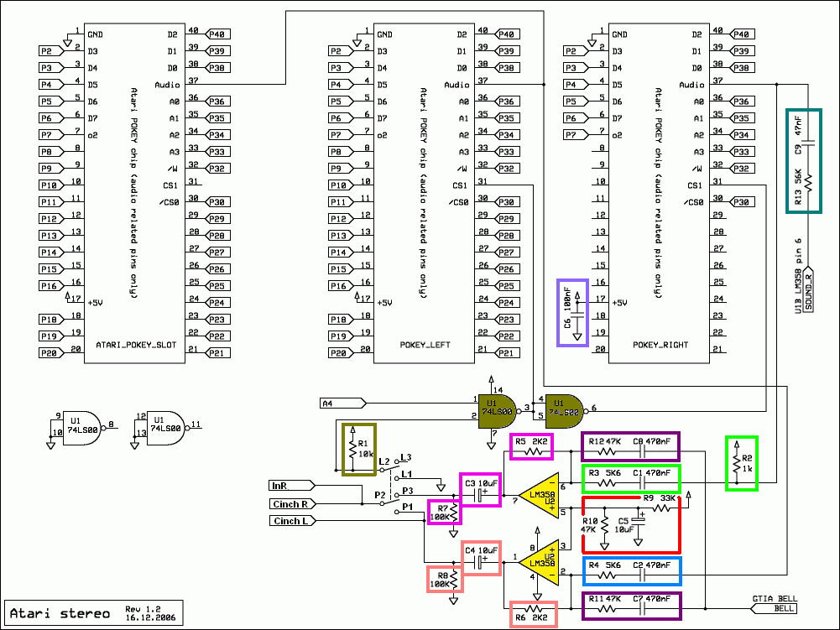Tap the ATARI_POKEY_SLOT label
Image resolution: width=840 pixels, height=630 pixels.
[x=133, y=345]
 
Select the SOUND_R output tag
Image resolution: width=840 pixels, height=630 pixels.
[x=809, y=290]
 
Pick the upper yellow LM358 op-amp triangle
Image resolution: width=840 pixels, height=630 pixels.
[x=538, y=495]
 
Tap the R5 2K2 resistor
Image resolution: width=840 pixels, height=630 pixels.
[x=531, y=450]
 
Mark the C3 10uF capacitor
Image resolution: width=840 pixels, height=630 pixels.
[x=478, y=495]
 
